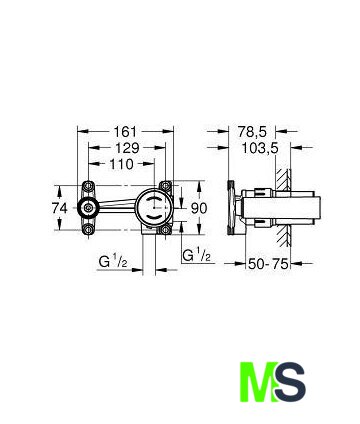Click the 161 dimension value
[126, 132]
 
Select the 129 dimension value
[127, 148]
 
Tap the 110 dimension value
[122, 164]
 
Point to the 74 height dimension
[60, 208]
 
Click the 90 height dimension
[199, 208]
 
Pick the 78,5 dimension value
[252, 132]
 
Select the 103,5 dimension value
[260, 148]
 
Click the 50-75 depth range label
[268, 264]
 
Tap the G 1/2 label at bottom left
[113, 262]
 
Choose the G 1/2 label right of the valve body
[197, 255]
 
